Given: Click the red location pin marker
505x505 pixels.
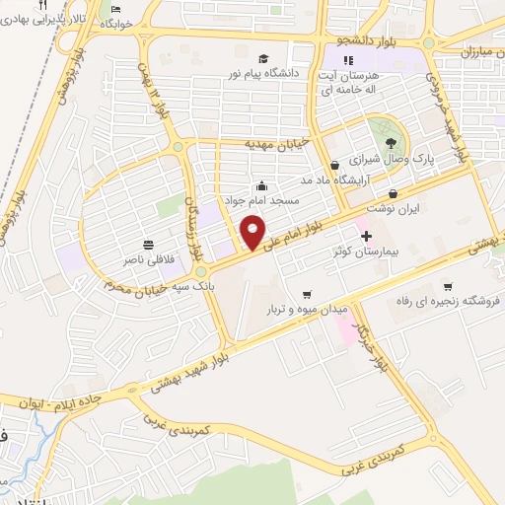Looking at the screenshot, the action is (x=252, y=233).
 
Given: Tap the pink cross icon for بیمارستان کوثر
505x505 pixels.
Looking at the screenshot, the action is (x=367, y=236).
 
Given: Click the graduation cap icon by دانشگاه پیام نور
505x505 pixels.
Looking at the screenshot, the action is (x=264, y=59).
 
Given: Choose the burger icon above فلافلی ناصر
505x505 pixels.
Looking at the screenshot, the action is (x=148, y=244).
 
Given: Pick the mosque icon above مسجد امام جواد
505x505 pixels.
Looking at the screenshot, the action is (x=261, y=184).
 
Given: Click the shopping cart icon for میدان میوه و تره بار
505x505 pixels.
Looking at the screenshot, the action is (x=308, y=293).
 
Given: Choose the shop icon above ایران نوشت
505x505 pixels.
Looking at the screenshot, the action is (x=395, y=193).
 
